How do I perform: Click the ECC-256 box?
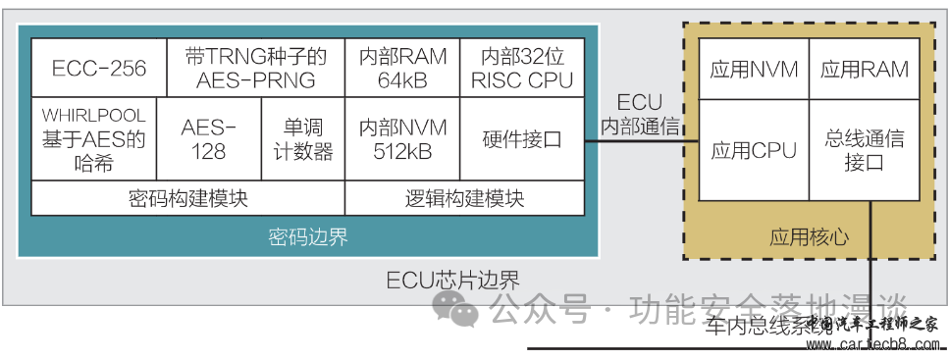(x=98, y=68)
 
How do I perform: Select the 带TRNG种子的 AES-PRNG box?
(x=255, y=68)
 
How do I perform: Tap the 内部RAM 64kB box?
(x=402, y=68)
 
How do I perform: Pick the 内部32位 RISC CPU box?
(x=522, y=68)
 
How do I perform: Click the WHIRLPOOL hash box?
(x=94, y=139)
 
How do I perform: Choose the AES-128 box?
(x=209, y=139)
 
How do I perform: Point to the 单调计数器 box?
(x=303, y=139)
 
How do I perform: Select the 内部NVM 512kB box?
(x=402, y=139)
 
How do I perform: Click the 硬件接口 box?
(x=522, y=139)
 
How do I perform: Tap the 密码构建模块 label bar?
(x=187, y=198)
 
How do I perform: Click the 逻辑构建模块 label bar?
(x=464, y=198)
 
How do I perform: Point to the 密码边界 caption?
(x=307, y=237)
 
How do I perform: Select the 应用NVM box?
(x=754, y=70)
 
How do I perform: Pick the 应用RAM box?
(x=865, y=70)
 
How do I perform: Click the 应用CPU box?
(x=754, y=150)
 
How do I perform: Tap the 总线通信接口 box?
(x=865, y=150)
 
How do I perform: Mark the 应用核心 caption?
(x=809, y=237)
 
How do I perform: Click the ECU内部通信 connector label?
(x=640, y=114)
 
